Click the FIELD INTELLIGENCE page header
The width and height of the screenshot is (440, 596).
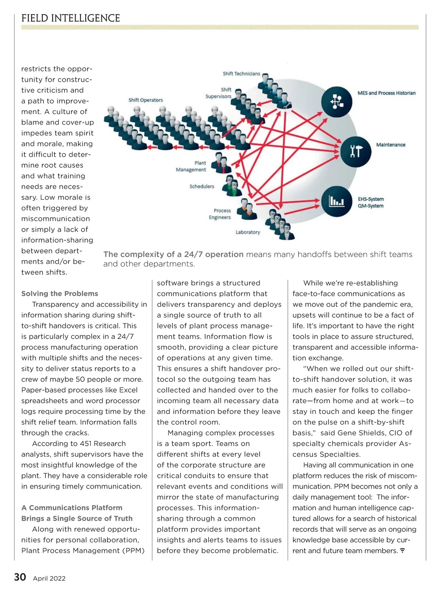(71, 18)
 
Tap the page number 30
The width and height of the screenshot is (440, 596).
(20, 577)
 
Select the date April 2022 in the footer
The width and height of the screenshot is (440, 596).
(49, 578)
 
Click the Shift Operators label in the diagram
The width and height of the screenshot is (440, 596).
(146, 100)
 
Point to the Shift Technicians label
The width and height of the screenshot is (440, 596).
(241, 74)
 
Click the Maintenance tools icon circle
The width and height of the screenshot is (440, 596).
(355, 151)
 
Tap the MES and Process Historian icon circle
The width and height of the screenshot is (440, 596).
(337, 102)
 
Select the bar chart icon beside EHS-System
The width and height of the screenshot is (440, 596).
(337, 201)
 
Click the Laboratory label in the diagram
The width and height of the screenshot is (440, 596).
(248, 232)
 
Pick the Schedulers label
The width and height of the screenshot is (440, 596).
(202, 186)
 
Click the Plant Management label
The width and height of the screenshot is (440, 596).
(191, 166)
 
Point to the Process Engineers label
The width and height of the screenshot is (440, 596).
(220, 214)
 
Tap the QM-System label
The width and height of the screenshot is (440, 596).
(371, 206)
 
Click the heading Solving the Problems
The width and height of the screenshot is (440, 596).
(60, 294)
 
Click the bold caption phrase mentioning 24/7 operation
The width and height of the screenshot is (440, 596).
(173, 254)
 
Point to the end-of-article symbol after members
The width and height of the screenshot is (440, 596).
(402, 551)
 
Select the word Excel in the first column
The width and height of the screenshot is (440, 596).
(128, 390)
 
